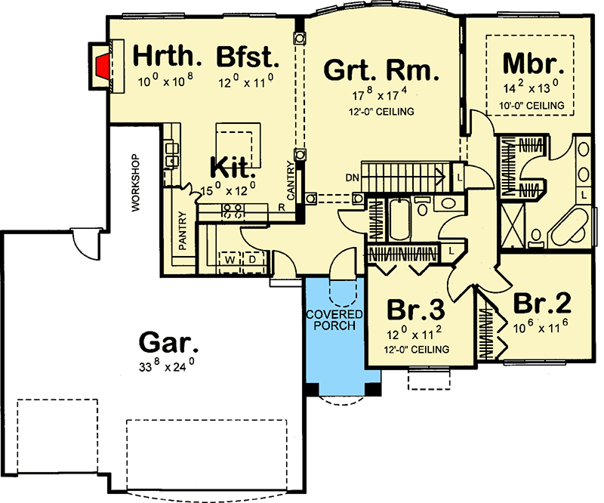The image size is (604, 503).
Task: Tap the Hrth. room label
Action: click(168, 57)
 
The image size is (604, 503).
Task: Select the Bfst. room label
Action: click(248, 57)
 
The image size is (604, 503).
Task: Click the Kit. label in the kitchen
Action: click(230, 165)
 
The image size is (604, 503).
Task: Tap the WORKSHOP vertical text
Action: click(137, 184)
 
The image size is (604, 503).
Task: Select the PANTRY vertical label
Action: click(183, 233)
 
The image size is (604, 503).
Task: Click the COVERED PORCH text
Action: click(334, 320)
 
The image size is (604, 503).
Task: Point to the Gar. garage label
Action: click(171, 344)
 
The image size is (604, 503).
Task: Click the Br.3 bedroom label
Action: click(415, 310)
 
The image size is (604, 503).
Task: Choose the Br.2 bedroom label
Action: click(541, 304)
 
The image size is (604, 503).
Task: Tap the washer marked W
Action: click(229, 260)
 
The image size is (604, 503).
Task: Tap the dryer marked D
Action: click(251, 260)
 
